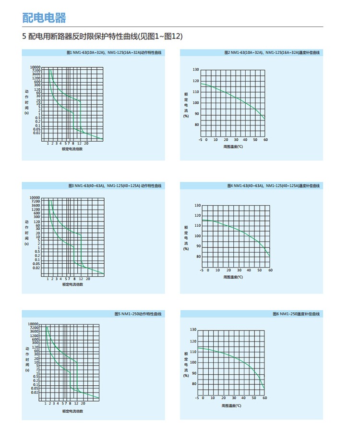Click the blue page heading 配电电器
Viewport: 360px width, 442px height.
click(x=44, y=18)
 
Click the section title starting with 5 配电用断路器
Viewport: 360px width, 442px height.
click(x=102, y=37)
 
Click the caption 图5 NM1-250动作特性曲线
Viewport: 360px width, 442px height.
click(x=138, y=314)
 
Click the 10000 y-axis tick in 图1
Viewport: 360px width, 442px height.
click(x=36, y=67)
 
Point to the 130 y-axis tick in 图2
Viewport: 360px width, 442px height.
click(x=195, y=70)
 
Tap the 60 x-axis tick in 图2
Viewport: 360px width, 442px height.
click(x=265, y=140)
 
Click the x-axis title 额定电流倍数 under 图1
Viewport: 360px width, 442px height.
click(x=72, y=149)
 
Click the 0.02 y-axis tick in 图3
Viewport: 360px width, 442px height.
click(x=37, y=268)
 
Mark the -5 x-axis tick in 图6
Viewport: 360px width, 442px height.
click(x=197, y=398)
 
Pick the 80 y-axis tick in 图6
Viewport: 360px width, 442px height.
click(x=193, y=384)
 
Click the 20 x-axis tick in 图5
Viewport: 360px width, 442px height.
click(x=83, y=404)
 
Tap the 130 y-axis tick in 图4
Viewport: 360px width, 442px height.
click(x=197, y=206)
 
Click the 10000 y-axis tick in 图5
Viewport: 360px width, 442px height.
click(x=34, y=324)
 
